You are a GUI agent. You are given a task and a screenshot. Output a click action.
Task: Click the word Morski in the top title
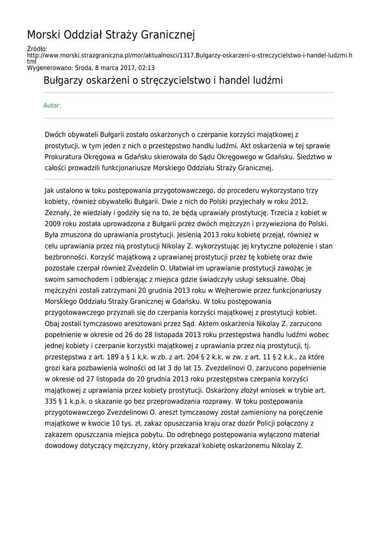[45, 35]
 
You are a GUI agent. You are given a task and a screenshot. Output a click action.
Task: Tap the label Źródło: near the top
[37, 49]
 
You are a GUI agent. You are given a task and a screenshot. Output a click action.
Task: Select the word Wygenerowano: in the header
[47, 68]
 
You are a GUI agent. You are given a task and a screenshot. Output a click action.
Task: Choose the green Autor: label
[52, 105]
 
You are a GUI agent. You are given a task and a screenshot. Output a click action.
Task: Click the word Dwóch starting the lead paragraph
[57, 135]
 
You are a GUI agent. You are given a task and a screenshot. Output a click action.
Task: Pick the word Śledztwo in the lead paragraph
[313, 157]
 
